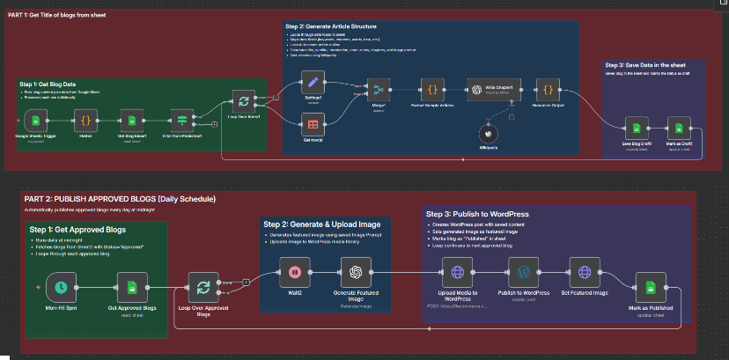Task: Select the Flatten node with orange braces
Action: (x=86, y=120)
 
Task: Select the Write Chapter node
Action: (x=485, y=90)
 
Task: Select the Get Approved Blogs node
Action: (x=131, y=286)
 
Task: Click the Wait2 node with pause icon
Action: (x=295, y=273)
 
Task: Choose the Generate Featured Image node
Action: (x=357, y=273)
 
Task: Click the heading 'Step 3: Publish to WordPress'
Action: (x=477, y=214)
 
